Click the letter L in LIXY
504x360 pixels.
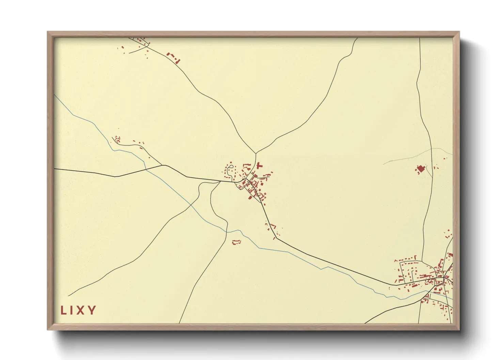click(63, 310)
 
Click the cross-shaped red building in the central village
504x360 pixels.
click(259, 166)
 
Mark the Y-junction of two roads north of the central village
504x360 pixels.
click(255, 153)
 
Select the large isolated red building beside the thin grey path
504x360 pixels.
click(421, 169)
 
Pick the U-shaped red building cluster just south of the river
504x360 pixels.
click(236, 242)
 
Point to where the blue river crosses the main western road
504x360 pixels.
click(146, 169)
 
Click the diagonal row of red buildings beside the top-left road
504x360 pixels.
click(173, 58)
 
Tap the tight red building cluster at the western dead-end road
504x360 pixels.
click(117, 139)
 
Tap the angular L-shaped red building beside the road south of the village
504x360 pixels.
click(272, 226)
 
